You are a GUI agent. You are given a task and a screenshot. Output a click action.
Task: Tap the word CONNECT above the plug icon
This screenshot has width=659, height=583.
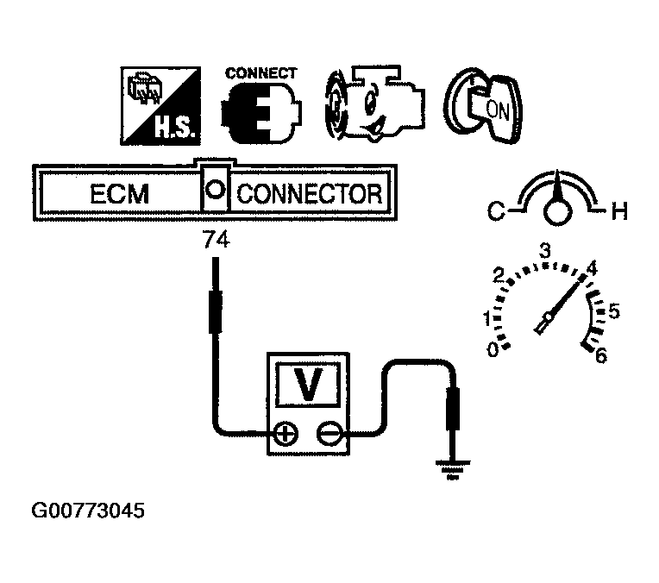(260, 73)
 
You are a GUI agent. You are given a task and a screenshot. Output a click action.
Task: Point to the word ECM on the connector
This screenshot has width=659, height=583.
(119, 194)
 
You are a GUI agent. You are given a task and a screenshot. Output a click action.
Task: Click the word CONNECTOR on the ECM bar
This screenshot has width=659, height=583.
(309, 194)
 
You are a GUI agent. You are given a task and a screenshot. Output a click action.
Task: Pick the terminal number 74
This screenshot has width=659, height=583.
(216, 242)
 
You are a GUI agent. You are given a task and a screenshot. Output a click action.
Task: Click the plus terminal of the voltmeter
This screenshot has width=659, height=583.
(283, 433)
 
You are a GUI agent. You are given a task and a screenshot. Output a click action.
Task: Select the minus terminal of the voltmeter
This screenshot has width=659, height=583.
(328, 433)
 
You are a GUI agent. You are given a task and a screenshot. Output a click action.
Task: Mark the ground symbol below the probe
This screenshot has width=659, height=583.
(449, 469)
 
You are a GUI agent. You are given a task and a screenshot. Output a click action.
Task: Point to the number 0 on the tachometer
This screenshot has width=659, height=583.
(493, 349)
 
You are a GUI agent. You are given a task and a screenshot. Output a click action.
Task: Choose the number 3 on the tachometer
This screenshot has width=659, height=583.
(545, 251)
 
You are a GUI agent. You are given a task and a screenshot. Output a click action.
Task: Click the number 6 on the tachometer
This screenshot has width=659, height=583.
(601, 354)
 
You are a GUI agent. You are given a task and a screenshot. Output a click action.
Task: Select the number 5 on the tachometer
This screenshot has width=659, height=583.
(614, 311)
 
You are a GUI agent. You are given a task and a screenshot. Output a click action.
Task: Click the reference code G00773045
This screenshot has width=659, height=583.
(88, 511)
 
